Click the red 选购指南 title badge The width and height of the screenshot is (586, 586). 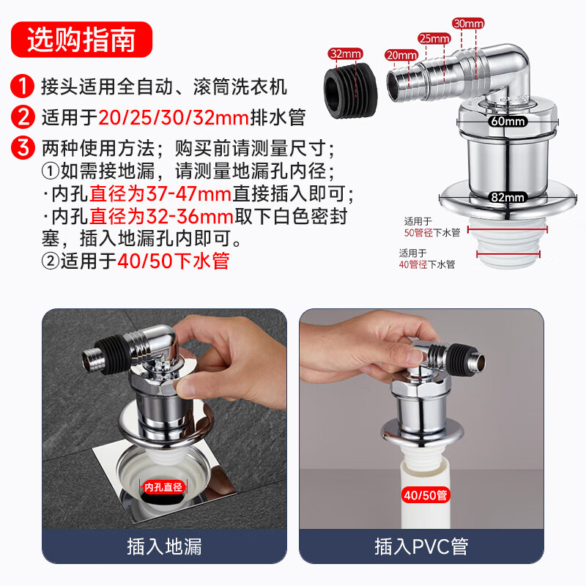pos(81,40)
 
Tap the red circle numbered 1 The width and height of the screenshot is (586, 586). pos(23,86)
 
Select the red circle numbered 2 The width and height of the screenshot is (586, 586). pos(23,117)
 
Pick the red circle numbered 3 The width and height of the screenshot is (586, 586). pos(23,148)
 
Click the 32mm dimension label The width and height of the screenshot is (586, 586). pos(345,53)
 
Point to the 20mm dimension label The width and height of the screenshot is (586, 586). pos(401,56)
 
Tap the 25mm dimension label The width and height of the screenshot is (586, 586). pos(434,38)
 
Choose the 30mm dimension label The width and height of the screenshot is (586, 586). pos(468,23)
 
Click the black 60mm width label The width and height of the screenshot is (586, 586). pos(508,121)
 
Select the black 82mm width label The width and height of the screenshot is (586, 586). pos(508,197)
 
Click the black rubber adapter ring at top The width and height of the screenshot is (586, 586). pos(350,90)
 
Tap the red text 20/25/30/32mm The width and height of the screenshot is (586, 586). pos(174,118)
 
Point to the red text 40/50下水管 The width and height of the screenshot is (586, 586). pos(173,261)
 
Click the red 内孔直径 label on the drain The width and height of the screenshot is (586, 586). pos(163,487)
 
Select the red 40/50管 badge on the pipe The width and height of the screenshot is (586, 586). pos(426,495)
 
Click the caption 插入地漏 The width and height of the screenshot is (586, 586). pos(164,546)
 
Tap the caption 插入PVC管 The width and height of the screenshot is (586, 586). pos(421,546)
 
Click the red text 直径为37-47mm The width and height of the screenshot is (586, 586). pos(160,194)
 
